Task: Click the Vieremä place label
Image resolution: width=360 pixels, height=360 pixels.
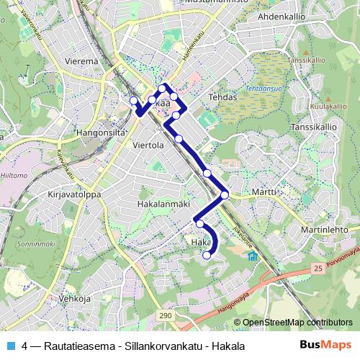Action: tap(82, 62)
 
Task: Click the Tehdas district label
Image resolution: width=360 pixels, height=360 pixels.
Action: tap(222, 95)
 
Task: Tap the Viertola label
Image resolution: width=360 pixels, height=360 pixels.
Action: tap(150, 145)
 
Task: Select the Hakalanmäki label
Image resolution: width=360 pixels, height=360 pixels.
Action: tap(163, 204)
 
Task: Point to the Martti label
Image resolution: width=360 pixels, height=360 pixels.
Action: tap(264, 192)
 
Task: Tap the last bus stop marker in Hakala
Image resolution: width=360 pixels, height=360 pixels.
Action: tap(207, 255)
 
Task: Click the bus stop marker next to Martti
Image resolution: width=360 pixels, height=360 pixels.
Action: tap(225, 194)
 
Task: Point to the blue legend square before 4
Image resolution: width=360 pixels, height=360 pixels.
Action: tap(12, 346)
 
